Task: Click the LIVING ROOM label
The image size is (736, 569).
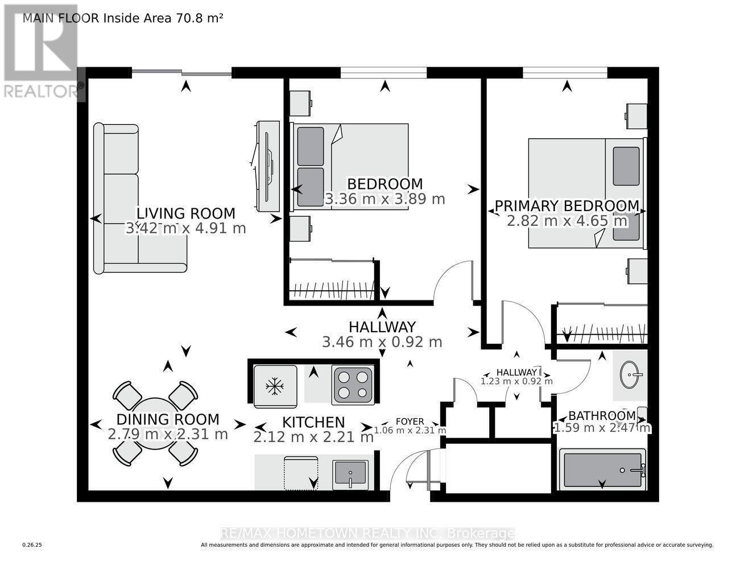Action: click(185, 214)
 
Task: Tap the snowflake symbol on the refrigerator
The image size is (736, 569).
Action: click(275, 386)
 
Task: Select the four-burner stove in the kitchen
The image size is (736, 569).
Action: click(353, 385)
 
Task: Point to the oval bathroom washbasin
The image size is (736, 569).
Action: click(630, 374)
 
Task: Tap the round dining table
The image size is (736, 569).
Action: click(155, 424)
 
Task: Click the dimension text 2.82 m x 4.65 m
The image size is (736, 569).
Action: click(567, 221)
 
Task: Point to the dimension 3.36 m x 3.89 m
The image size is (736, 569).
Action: click(384, 199)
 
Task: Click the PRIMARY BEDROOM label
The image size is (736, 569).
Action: click(567, 205)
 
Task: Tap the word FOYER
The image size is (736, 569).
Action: click(410, 421)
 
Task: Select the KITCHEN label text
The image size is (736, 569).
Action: click(313, 422)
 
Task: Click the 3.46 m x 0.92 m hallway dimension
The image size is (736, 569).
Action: click(382, 342)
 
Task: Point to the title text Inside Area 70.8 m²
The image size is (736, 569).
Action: click(163, 18)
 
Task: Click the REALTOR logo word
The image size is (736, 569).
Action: click(40, 92)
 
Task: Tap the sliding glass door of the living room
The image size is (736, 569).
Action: click(181, 72)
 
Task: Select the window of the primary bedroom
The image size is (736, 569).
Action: click(565, 72)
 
